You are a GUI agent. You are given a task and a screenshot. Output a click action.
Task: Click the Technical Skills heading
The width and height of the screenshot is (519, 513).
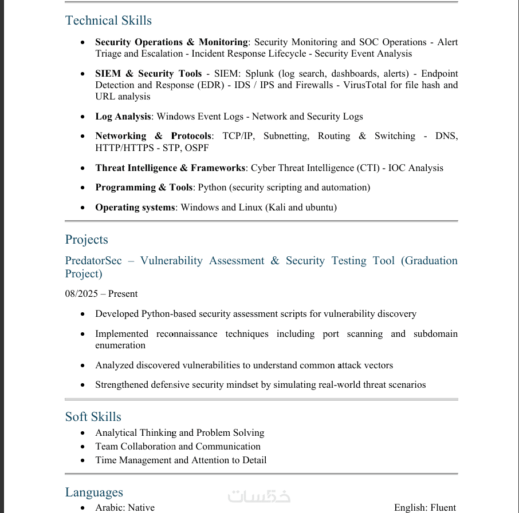[x=108, y=21]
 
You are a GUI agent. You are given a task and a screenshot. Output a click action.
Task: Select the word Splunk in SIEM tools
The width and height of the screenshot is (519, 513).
[x=261, y=74]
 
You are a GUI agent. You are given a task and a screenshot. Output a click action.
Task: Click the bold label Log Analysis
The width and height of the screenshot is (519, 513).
[x=123, y=117]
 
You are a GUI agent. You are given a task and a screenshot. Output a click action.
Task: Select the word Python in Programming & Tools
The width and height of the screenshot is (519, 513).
[x=212, y=188]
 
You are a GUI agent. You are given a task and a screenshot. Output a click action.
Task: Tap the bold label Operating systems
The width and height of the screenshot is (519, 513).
[x=135, y=208]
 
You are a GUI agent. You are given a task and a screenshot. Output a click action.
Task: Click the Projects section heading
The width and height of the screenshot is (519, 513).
[x=86, y=240]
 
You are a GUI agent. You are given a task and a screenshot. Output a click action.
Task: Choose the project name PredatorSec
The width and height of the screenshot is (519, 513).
[x=93, y=261]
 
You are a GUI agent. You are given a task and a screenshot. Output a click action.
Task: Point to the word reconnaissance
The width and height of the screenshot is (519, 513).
[x=187, y=334]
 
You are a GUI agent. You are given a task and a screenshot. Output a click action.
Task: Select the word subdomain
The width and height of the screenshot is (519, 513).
[x=435, y=334]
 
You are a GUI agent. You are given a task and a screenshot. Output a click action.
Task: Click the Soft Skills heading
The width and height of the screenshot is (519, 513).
[x=93, y=417]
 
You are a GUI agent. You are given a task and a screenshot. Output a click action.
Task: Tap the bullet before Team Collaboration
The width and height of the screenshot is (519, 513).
[x=83, y=447]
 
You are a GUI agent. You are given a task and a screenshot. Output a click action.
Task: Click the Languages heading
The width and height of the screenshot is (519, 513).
[x=94, y=492]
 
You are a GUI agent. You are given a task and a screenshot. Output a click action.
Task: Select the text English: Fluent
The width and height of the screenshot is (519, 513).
[x=424, y=508]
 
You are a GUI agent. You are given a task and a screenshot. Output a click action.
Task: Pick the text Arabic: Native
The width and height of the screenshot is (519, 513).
[x=125, y=508]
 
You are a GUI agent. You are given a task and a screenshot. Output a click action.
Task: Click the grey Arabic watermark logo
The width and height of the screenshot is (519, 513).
[x=259, y=496]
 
